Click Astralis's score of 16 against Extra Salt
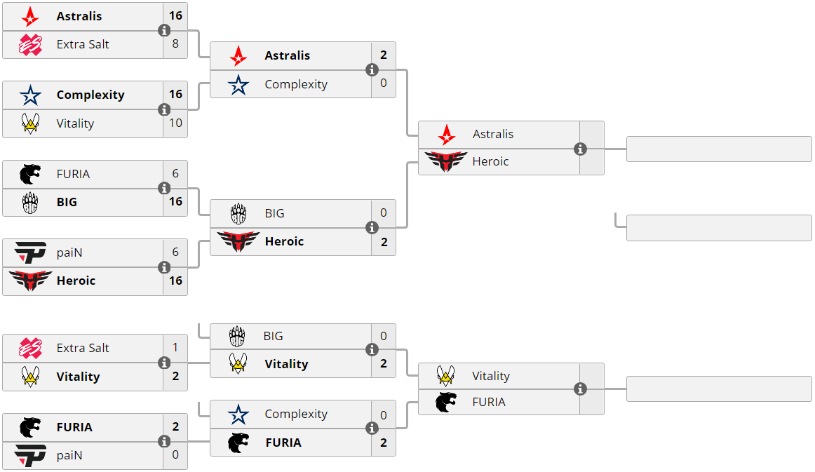(175, 15)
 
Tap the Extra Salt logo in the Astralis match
(30, 44)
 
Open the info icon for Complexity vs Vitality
(164, 109)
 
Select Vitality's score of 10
(175, 123)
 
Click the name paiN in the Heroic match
(69, 252)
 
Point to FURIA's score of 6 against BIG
(175, 174)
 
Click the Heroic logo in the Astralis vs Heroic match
(445, 162)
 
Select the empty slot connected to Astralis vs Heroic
(719, 149)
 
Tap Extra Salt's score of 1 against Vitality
(175, 348)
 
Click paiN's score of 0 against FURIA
(175, 455)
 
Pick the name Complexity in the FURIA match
(295, 414)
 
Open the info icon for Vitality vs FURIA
(580, 389)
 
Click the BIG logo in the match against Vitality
(237, 337)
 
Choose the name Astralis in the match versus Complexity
(287, 55)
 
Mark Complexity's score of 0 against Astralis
(384, 84)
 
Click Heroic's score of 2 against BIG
(384, 241)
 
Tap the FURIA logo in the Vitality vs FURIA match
(445, 403)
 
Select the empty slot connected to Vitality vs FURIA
(719, 389)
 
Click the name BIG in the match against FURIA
(67, 202)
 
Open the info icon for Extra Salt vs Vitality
(164, 363)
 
